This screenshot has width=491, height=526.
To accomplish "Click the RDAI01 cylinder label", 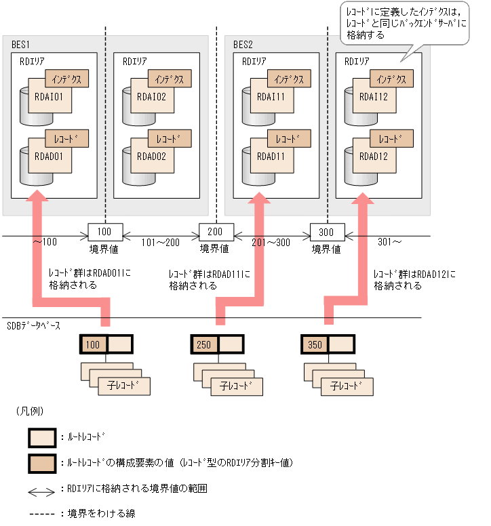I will pyautogui.click(x=48, y=97).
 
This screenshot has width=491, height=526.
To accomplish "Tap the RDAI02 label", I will pyautogui.click(x=151, y=97).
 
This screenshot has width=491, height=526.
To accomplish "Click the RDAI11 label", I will pyautogui.click(x=271, y=97).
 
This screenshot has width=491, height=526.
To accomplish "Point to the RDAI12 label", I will pyautogui.click(x=374, y=97).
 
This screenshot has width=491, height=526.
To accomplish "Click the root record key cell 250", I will pyautogui.click(x=203, y=345).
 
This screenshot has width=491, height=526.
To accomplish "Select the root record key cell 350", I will pyautogui.click(x=315, y=345).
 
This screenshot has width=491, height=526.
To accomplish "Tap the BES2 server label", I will pyautogui.click(x=243, y=45).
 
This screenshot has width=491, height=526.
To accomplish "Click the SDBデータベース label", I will pyautogui.click(x=33, y=326).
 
